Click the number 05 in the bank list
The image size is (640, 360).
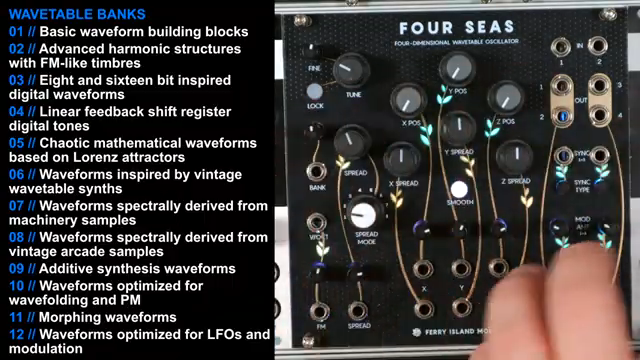tap(16, 142)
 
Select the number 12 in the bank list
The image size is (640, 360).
tap(16, 333)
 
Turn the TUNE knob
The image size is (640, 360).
tap(351, 71)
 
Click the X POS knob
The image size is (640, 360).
tap(408, 100)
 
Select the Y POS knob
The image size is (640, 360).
tap(456, 69)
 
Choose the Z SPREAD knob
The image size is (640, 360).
tap(516, 155)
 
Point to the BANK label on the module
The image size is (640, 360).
tap(318, 186)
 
